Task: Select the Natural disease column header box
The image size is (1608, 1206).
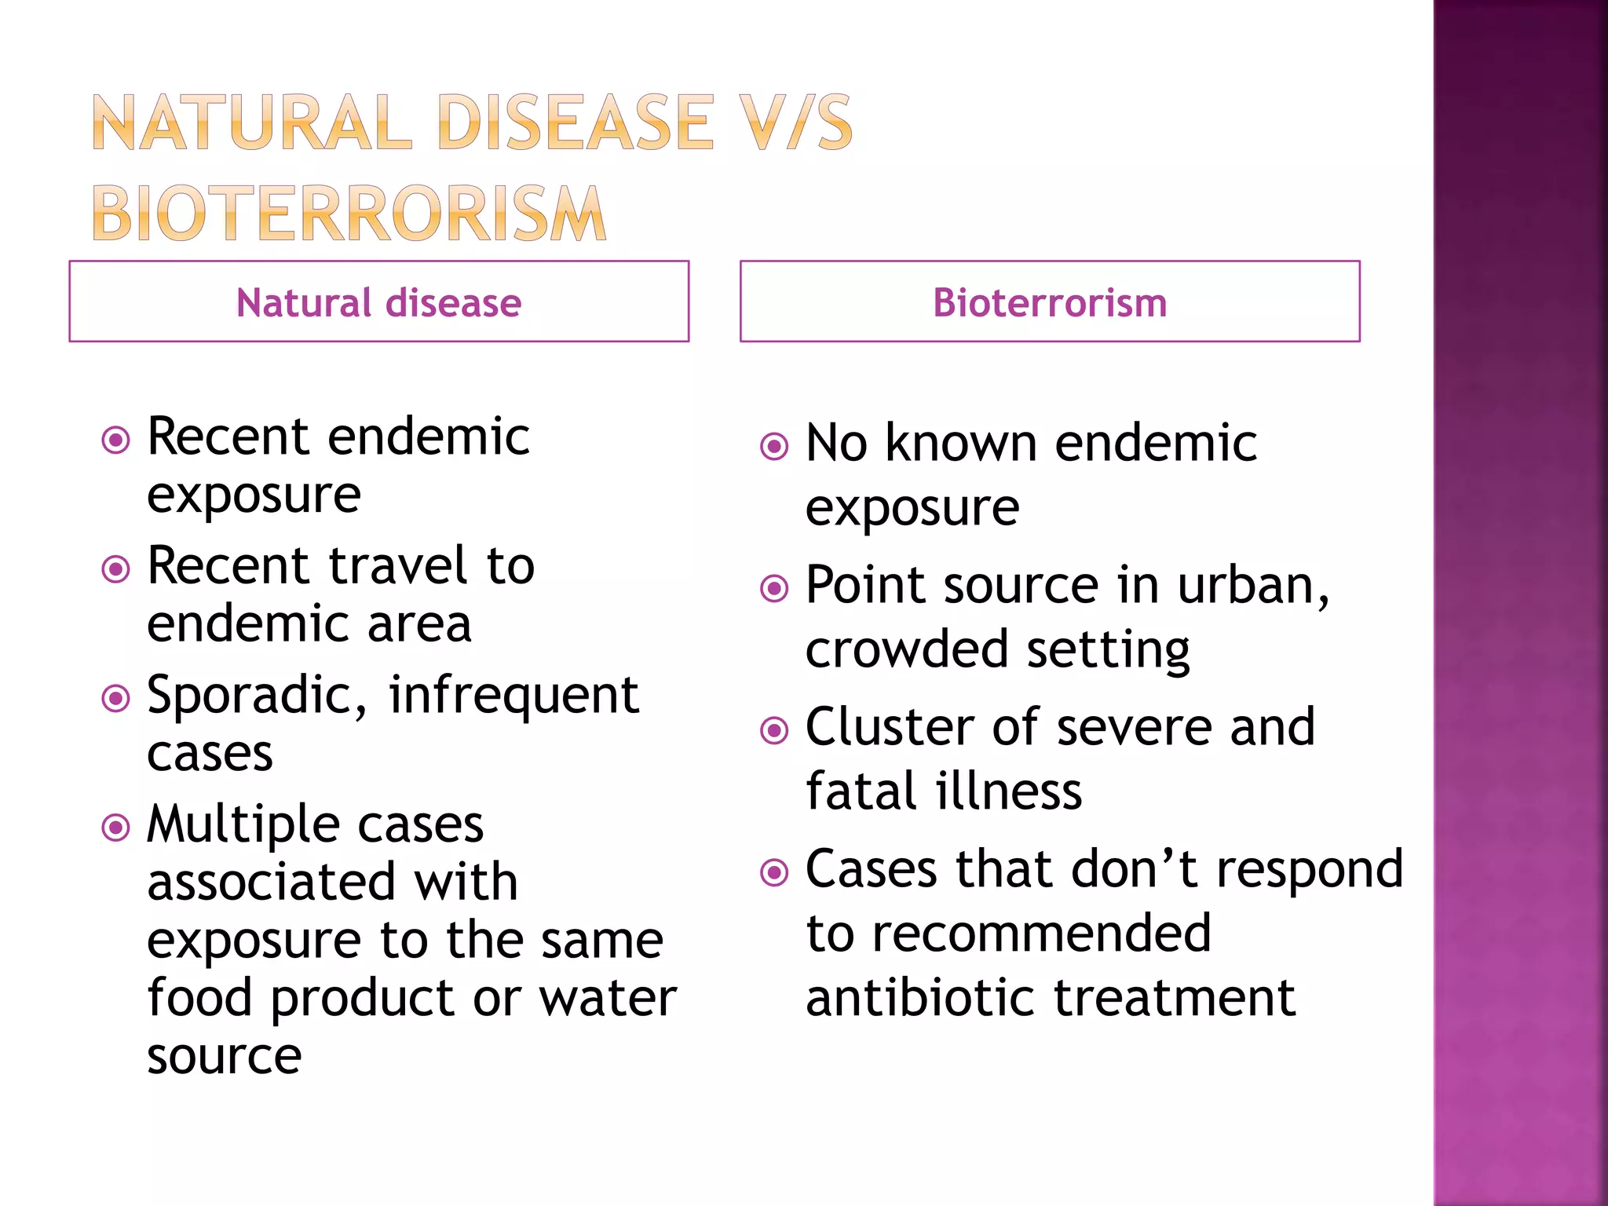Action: click(378, 301)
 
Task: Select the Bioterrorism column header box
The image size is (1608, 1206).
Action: click(1049, 301)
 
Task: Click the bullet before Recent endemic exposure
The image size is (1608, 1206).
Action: click(116, 440)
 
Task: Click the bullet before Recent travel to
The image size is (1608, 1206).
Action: click(116, 568)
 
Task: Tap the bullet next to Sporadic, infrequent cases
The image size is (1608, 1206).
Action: click(116, 697)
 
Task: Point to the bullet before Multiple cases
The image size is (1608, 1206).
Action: click(116, 827)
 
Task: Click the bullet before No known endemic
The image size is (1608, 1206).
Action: click(774, 446)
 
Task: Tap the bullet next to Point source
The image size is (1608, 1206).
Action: click(774, 588)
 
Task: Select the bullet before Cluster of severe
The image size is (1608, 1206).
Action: click(774, 730)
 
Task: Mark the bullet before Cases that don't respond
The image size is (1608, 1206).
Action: click(774, 872)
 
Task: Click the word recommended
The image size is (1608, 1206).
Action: click(1041, 934)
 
